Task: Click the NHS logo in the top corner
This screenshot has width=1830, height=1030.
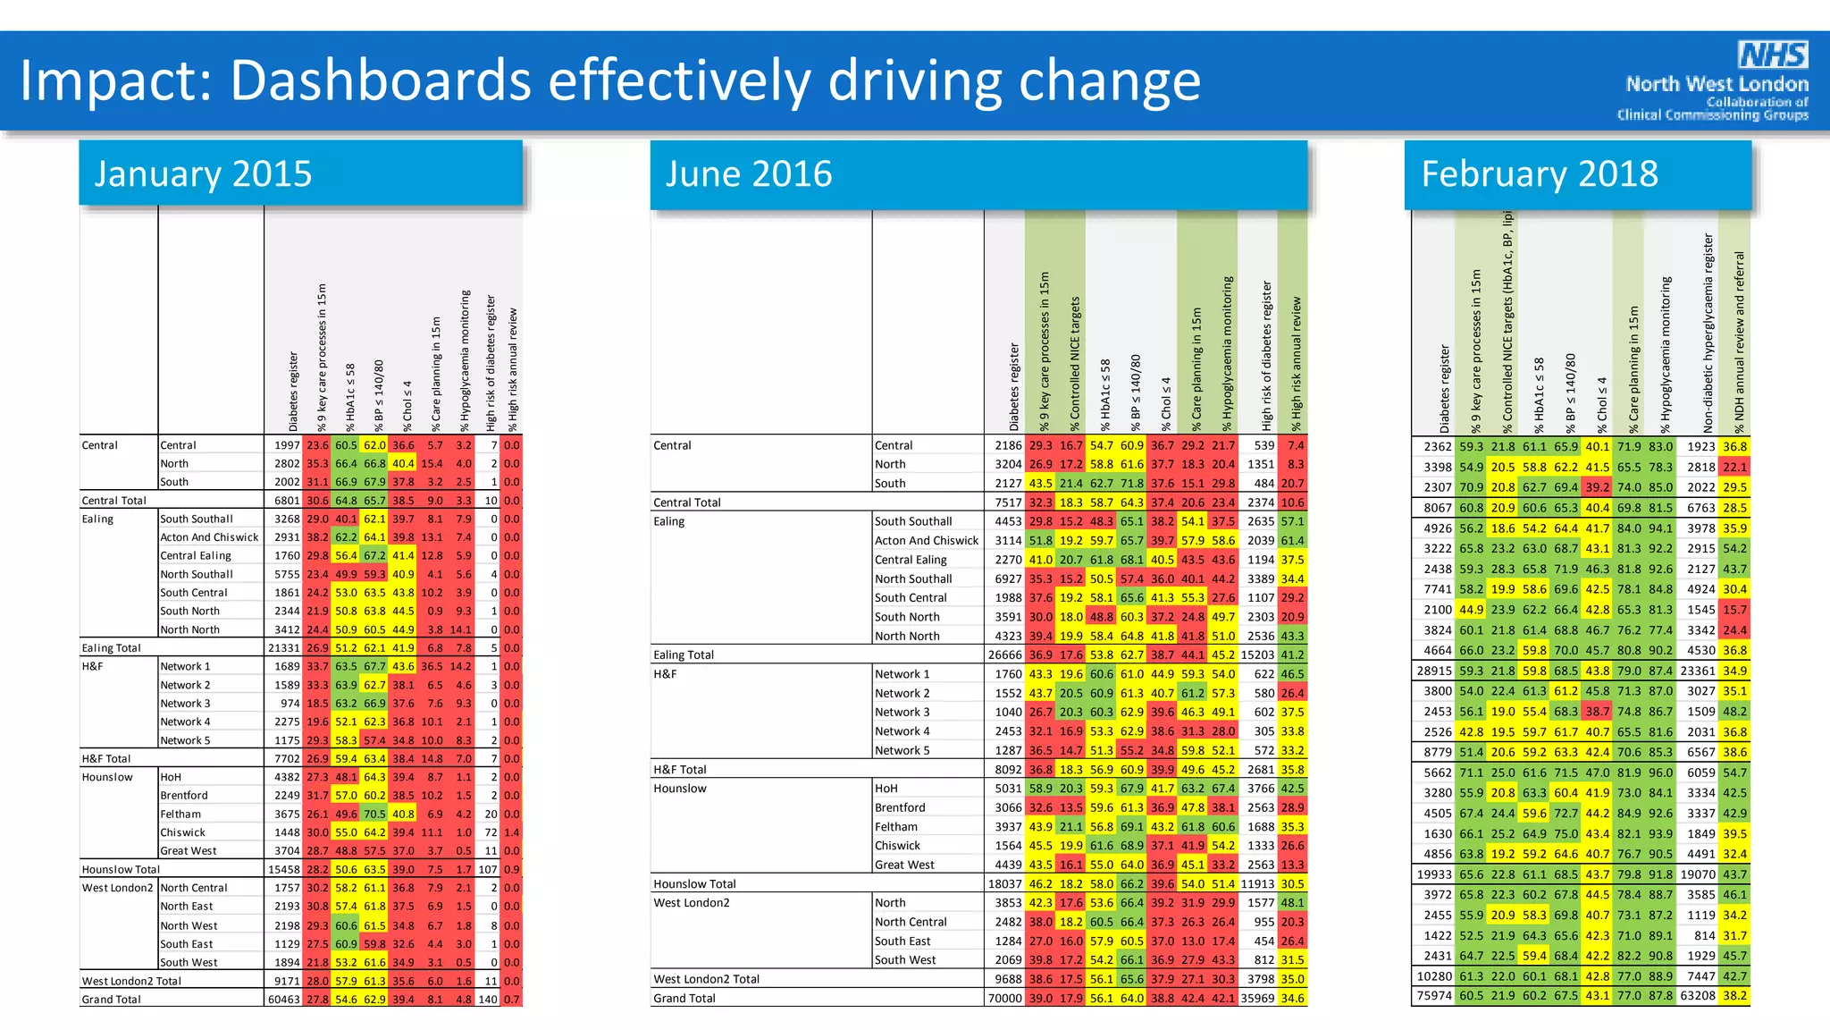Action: click(1773, 55)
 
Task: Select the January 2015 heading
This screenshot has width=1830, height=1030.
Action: click(203, 173)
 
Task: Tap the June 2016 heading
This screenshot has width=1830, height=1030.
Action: click(748, 173)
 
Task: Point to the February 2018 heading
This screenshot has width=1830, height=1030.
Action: click(1539, 173)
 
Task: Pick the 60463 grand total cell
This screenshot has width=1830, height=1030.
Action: click(284, 1000)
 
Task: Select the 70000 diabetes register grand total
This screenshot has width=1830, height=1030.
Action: click(1004, 998)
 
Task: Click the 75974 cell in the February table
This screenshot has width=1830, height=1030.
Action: click(1434, 996)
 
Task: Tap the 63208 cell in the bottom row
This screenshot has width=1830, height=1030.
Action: click(1698, 996)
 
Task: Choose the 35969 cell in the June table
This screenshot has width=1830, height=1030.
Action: click(1257, 998)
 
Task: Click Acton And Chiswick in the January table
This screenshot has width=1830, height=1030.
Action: click(209, 537)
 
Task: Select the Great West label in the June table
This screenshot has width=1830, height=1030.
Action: click(904, 865)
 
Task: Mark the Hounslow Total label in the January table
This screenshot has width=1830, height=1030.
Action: click(121, 869)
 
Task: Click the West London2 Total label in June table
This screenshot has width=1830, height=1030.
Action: click(706, 979)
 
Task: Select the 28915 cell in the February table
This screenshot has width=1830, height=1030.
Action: click(1434, 671)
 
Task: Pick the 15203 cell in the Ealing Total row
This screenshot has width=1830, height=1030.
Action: click(1257, 654)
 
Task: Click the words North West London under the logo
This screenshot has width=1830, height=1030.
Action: click(1717, 84)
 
